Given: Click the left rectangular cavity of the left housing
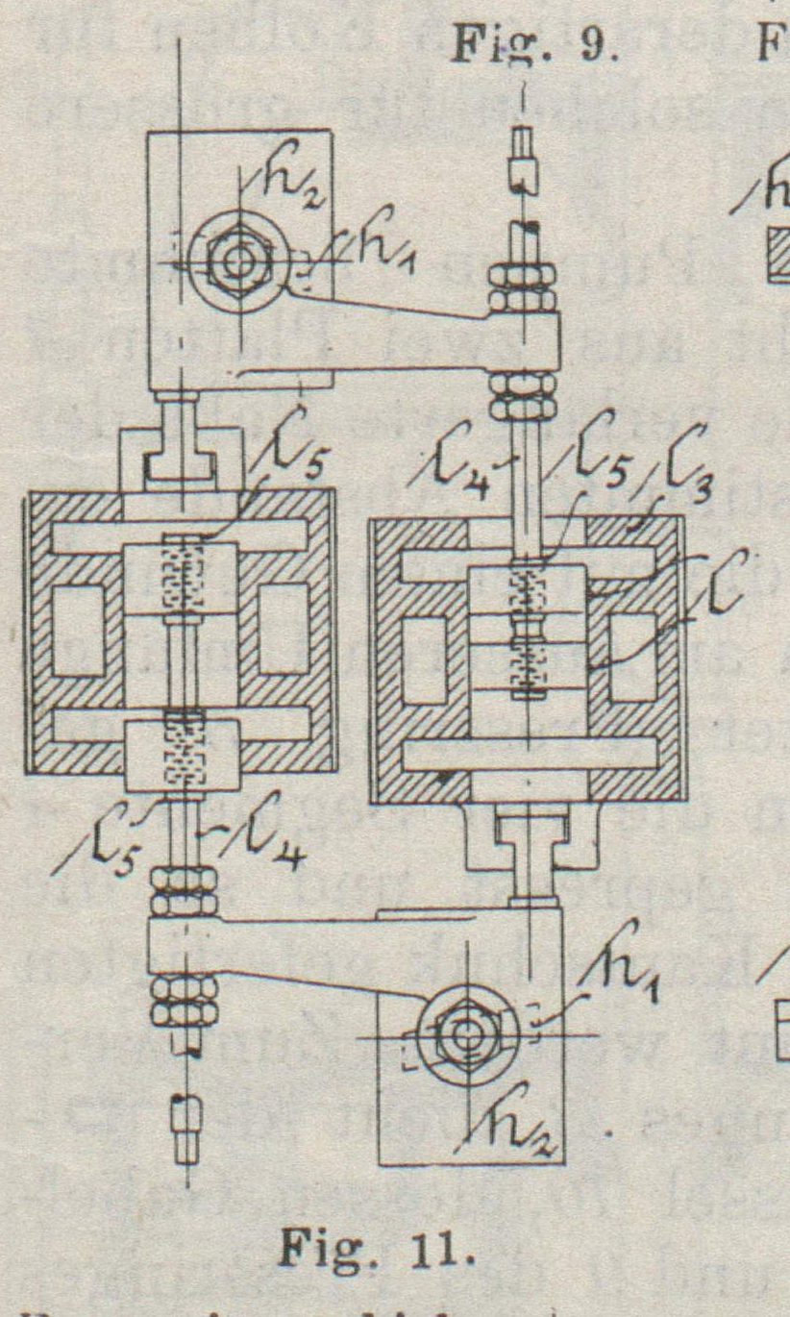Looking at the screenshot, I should point(78,631).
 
